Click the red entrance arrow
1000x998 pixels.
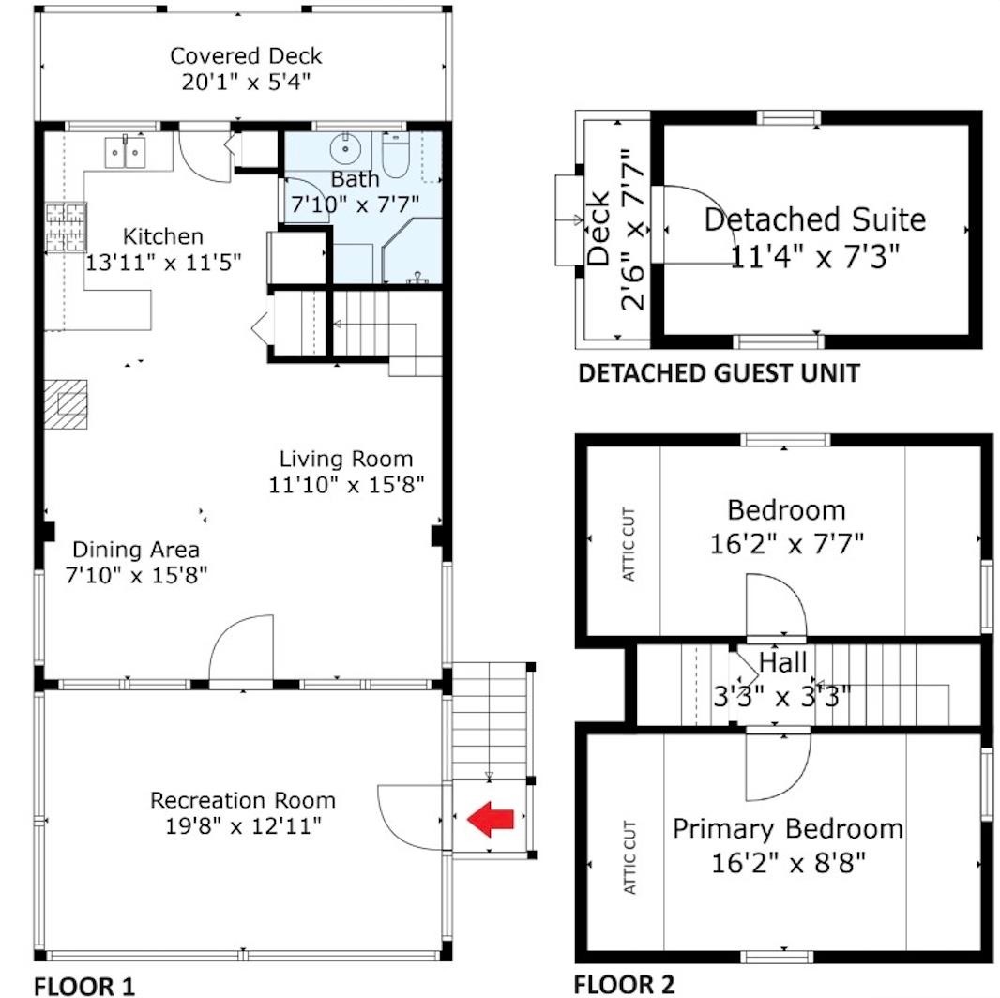[x=490, y=818]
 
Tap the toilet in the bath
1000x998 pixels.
[x=395, y=156]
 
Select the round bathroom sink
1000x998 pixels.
[x=345, y=149]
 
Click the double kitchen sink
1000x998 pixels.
[x=125, y=152]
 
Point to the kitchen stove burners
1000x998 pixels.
[x=66, y=226]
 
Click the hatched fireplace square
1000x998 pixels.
[x=66, y=404]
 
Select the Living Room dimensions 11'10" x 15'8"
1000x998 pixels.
[x=346, y=485]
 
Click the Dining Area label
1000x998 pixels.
[x=136, y=550]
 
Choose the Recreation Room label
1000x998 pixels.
[x=243, y=800]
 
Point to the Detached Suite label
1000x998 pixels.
[x=815, y=220]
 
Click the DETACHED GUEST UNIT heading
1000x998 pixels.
[x=719, y=373]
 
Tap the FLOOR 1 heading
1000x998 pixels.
[x=84, y=986]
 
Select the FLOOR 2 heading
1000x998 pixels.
[x=624, y=985]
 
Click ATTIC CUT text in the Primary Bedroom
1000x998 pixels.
[x=629, y=857]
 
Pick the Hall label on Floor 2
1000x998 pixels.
[x=783, y=662]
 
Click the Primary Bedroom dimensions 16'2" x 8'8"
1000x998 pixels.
[x=789, y=863]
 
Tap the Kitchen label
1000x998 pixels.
[x=162, y=236]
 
